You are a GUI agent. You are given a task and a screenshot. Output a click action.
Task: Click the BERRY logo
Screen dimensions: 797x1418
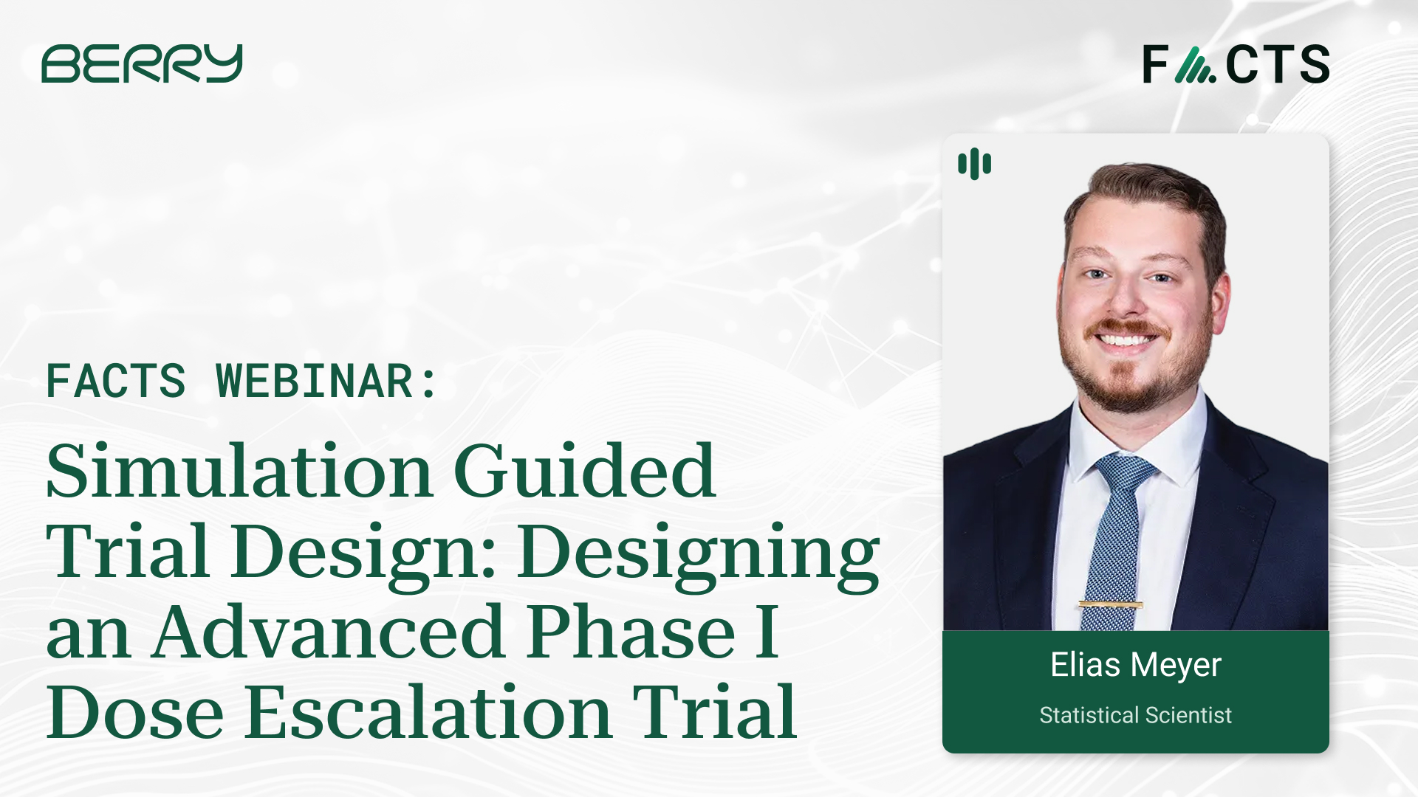[x=142, y=63]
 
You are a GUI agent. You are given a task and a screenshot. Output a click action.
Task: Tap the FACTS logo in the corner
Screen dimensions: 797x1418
[x=1236, y=64]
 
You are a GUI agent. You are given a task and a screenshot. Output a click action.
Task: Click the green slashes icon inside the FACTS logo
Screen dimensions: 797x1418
[x=1195, y=65]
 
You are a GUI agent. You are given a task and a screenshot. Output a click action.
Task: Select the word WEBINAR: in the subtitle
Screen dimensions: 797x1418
[x=326, y=382]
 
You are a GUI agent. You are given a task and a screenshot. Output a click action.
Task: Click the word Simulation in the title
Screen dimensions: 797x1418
[x=239, y=472]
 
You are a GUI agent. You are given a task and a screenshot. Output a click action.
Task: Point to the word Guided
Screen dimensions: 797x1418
[x=584, y=472]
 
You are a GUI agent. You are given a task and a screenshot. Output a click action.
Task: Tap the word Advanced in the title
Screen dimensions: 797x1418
[x=329, y=632]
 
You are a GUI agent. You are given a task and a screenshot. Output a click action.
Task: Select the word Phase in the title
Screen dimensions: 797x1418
[x=631, y=632]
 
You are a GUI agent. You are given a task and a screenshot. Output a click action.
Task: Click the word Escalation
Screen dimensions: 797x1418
[x=428, y=713]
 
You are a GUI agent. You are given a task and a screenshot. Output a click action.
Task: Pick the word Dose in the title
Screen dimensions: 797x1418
[x=135, y=713]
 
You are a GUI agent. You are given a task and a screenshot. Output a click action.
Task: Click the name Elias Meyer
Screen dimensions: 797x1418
[x=1135, y=665]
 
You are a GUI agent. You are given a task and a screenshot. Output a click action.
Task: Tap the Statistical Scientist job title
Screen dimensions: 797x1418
[x=1135, y=715]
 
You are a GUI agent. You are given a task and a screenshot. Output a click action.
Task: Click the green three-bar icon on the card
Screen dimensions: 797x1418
[x=974, y=164]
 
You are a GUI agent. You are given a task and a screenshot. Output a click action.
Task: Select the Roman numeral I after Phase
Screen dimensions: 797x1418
[x=767, y=632]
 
